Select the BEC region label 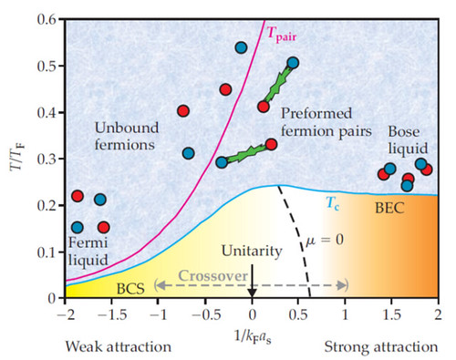pyautogui.click(x=391, y=209)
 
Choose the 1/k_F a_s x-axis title pyautogui.click(x=251, y=330)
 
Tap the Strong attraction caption pyautogui.click(x=382, y=347)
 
